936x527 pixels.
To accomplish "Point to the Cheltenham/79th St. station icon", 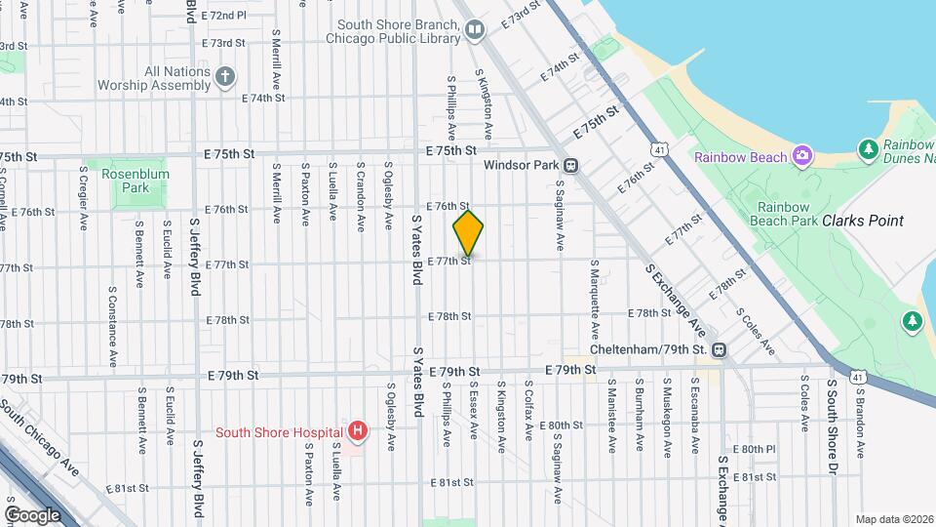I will [719, 349].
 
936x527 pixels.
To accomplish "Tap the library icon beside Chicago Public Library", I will [474, 31].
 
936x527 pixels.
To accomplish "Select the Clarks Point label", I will [863, 221].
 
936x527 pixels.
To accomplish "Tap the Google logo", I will [33, 514].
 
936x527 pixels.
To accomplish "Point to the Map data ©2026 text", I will [894, 518].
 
